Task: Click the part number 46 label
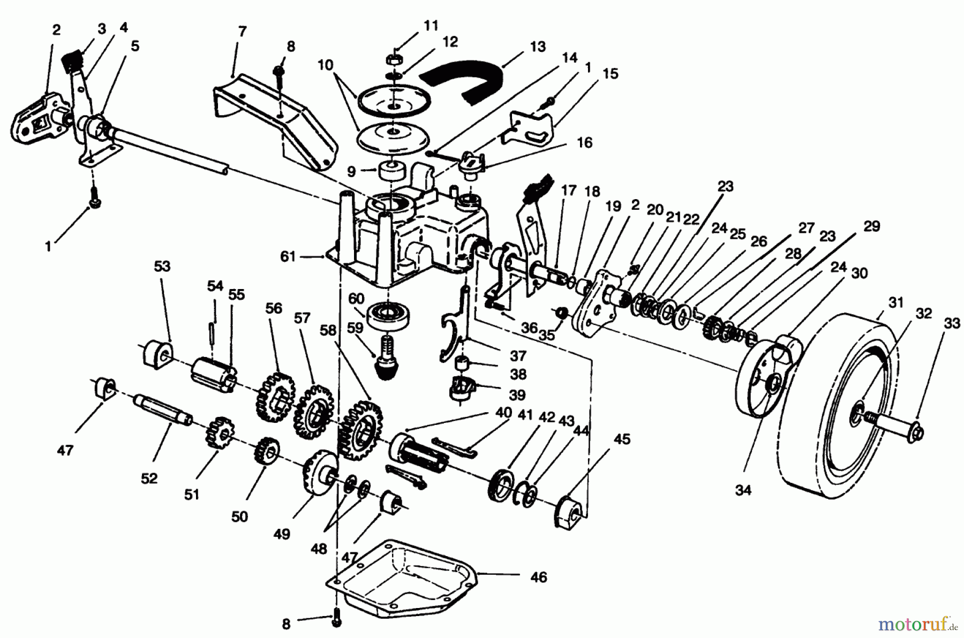click(x=539, y=578)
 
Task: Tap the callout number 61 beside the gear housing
click(x=288, y=257)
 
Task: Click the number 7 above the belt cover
click(x=242, y=32)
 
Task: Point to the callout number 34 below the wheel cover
click(x=743, y=490)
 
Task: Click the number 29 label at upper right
click(x=872, y=227)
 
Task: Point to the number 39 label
click(x=517, y=394)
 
